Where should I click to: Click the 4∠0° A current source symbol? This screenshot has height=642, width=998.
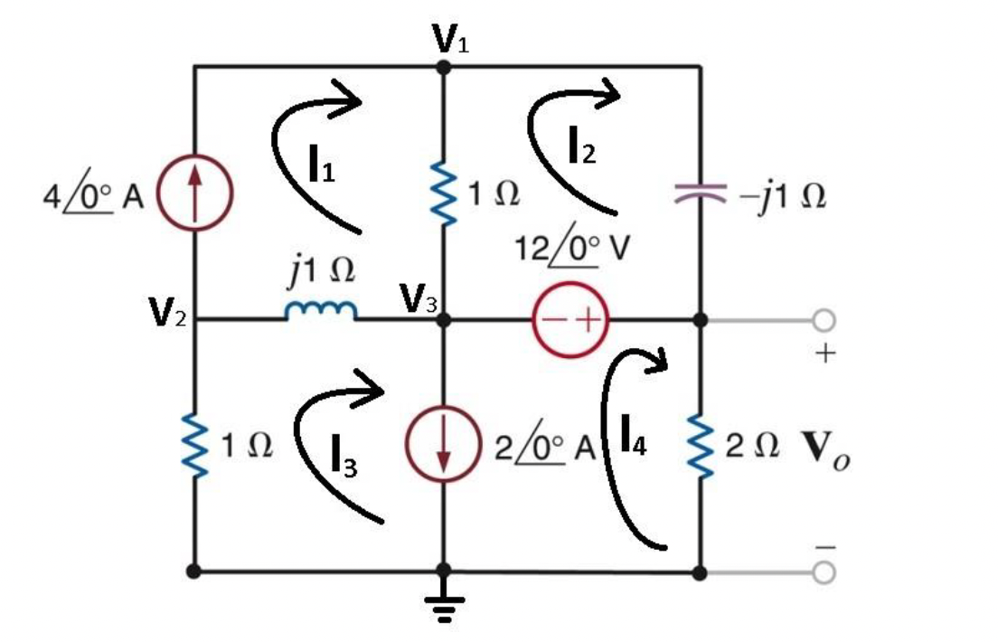[195, 195]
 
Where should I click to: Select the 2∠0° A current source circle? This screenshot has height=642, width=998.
[443, 447]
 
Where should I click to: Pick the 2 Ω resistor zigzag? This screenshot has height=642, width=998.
[701, 446]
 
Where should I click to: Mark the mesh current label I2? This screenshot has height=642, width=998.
[582, 145]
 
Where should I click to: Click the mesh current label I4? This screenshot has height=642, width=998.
[633, 434]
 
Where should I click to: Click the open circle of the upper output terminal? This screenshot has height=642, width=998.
[823, 320]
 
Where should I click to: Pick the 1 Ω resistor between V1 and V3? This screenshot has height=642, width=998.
[443, 194]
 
